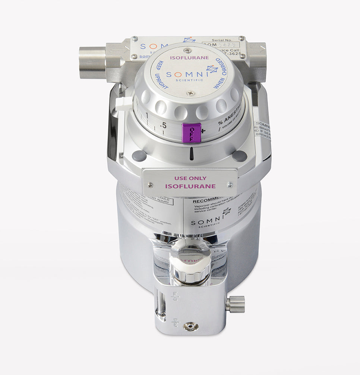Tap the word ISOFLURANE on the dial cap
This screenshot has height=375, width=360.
tap(189, 58)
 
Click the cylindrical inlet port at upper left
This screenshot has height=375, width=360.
tap(92, 62)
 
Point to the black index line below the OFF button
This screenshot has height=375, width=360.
tap(192, 153)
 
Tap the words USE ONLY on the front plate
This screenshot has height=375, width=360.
tap(190, 178)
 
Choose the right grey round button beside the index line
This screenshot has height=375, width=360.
tap(239, 156)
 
